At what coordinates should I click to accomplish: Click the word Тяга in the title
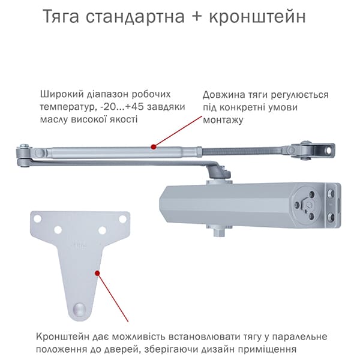click(61, 17)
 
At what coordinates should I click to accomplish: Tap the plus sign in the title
click(197, 17)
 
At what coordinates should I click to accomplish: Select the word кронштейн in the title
click(257, 17)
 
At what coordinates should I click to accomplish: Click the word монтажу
click(223, 120)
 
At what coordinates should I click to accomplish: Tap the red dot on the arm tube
click(154, 147)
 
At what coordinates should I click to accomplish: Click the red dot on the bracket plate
click(97, 273)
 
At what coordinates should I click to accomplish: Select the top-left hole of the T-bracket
click(37, 218)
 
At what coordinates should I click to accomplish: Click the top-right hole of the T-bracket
click(122, 219)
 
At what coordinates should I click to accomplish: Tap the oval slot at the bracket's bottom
click(79, 308)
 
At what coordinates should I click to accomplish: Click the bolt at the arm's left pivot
click(24, 146)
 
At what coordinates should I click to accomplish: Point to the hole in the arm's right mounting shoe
click(329, 151)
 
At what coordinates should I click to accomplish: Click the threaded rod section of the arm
click(242, 151)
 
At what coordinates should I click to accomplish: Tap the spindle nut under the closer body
click(219, 232)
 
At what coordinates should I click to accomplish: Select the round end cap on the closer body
click(305, 203)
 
